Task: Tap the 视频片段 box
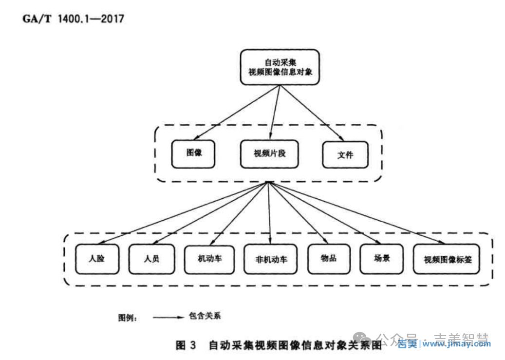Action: coord(269,153)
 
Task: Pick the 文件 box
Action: coord(345,155)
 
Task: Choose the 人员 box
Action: coord(151,258)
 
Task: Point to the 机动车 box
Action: coord(210,258)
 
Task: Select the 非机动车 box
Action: coord(271,259)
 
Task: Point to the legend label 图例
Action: coord(128,317)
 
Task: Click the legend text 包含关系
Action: coord(205,316)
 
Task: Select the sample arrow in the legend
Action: coord(168,317)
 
